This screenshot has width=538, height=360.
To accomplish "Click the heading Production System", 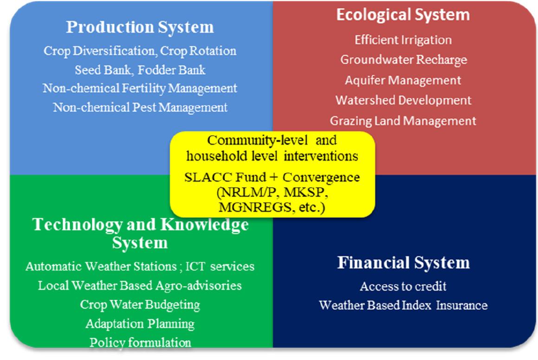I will pyautogui.click(x=140, y=27).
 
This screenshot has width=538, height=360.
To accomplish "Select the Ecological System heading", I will pyautogui.click(x=403, y=15).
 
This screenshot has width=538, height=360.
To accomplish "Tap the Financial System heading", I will pyautogui.click(x=403, y=263).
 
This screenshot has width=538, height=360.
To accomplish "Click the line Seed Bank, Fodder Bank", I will pyautogui.click(x=140, y=70).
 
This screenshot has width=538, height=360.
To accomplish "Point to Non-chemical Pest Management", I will pyautogui.click(x=140, y=107).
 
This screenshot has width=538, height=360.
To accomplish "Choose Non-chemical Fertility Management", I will pyautogui.click(x=140, y=88).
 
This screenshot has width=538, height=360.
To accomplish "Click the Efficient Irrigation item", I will pyautogui.click(x=403, y=40).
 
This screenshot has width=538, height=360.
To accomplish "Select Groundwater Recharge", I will pyautogui.click(x=403, y=60).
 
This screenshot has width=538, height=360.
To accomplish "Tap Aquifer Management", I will pyautogui.click(x=403, y=80).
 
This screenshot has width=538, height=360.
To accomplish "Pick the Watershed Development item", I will pyautogui.click(x=403, y=100).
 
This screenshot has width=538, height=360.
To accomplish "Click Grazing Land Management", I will pyautogui.click(x=403, y=121).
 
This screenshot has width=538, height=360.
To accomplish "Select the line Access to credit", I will pyautogui.click(x=403, y=286).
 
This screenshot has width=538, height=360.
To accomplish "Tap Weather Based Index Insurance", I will pyautogui.click(x=403, y=305).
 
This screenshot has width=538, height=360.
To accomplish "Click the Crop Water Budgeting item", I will pyautogui.click(x=140, y=304).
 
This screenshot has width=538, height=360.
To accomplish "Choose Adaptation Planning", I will pyautogui.click(x=140, y=323).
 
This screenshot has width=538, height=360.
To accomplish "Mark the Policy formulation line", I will pyautogui.click(x=140, y=342).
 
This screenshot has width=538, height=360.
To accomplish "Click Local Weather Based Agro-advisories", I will pyautogui.click(x=140, y=285).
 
